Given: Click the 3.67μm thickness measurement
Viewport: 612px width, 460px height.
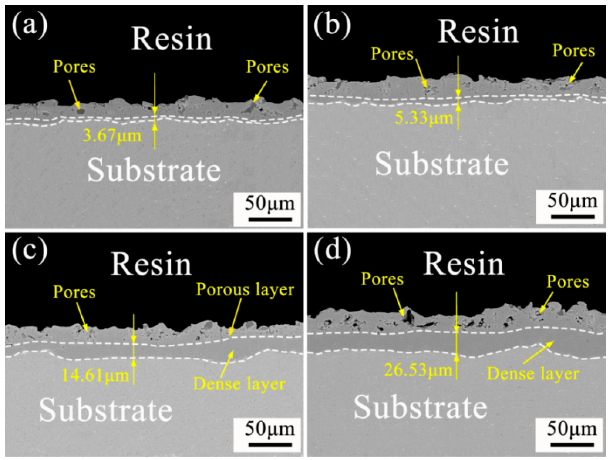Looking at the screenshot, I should (x=112, y=136).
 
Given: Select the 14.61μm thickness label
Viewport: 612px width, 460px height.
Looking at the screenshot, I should (x=95, y=376).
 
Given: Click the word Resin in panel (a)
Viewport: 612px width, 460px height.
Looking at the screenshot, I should (x=172, y=39).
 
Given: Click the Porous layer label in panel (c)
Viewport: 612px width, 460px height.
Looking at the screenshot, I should (x=245, y=290).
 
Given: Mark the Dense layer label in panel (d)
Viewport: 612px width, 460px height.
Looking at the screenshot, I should (x=533, y=374).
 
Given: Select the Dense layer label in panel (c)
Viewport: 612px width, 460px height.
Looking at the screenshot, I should (x=239, y=384).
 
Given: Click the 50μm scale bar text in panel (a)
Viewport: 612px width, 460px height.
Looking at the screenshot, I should (x=270, y=203).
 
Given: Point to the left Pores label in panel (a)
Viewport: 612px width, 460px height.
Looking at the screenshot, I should (x=74, y=67).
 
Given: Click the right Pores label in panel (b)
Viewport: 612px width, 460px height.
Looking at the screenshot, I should (x=574, y=51).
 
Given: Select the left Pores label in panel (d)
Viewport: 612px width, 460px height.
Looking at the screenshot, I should (x=382, y=279).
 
